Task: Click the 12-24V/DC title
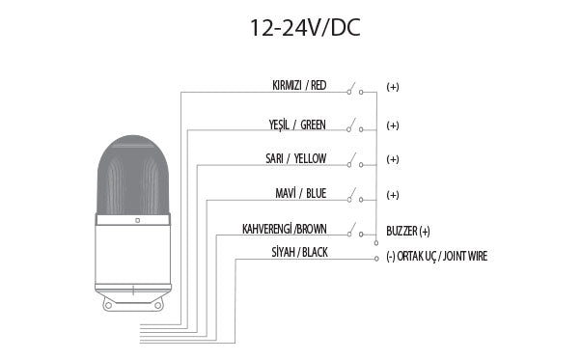click(x=305, y=28)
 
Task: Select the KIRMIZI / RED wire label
click(x=299, y=86)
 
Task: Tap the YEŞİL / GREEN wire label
click(x=297, y=125)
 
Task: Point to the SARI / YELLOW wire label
click(x=295, y=158)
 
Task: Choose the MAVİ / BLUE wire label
click(x=301, y=193)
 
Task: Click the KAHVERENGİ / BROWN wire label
click(x=285, y=229)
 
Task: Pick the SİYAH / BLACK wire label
click(x=300, y=253)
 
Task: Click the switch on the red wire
click(x=354, y=89)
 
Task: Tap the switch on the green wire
click(x=354, y=125)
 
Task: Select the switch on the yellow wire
click(x=354, y=160)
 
